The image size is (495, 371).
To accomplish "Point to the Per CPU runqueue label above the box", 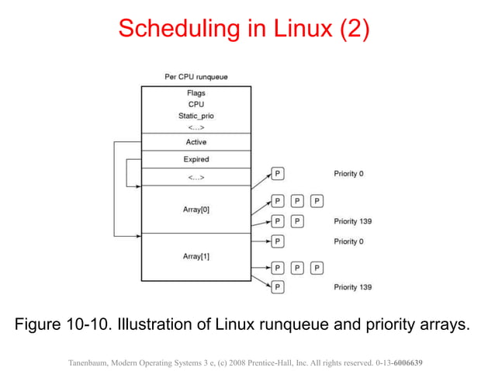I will click(196, 77).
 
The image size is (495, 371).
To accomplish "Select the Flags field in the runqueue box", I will click(196, 93).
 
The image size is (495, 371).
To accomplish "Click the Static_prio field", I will click(196, 116).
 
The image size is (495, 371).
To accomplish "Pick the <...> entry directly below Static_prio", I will click(196, 127).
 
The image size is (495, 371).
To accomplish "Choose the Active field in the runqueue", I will click(196, 142).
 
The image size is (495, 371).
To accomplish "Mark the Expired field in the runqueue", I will click(196, 159).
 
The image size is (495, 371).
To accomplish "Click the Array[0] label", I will click(196, 209).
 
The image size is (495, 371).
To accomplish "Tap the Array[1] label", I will click(196, 256).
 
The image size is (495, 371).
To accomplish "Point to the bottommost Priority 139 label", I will click(352, 287).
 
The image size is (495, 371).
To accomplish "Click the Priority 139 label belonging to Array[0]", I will click(352, 221).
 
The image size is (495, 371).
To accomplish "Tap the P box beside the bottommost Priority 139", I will click(278, 287).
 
